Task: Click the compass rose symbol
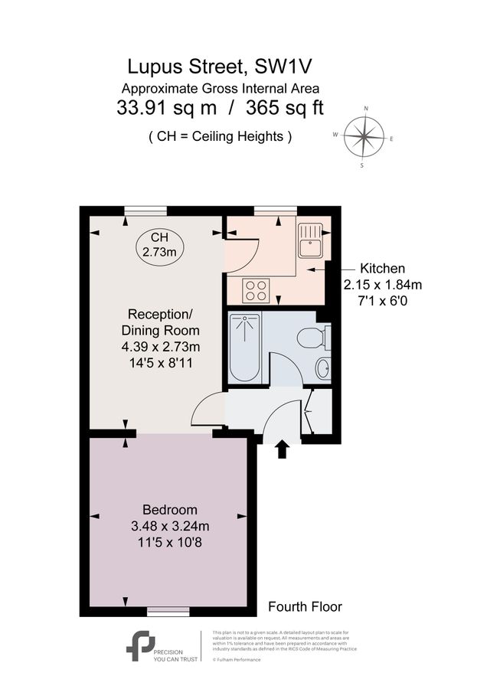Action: tap(364, 137)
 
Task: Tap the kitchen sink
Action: tap(312, 242)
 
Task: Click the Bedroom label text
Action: tap(170, 510)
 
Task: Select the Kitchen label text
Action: tap(383, 269)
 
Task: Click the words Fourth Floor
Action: tap(305, 606)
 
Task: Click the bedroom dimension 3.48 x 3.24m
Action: tap(170, 527)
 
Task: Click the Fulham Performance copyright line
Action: tap(239, 659)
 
